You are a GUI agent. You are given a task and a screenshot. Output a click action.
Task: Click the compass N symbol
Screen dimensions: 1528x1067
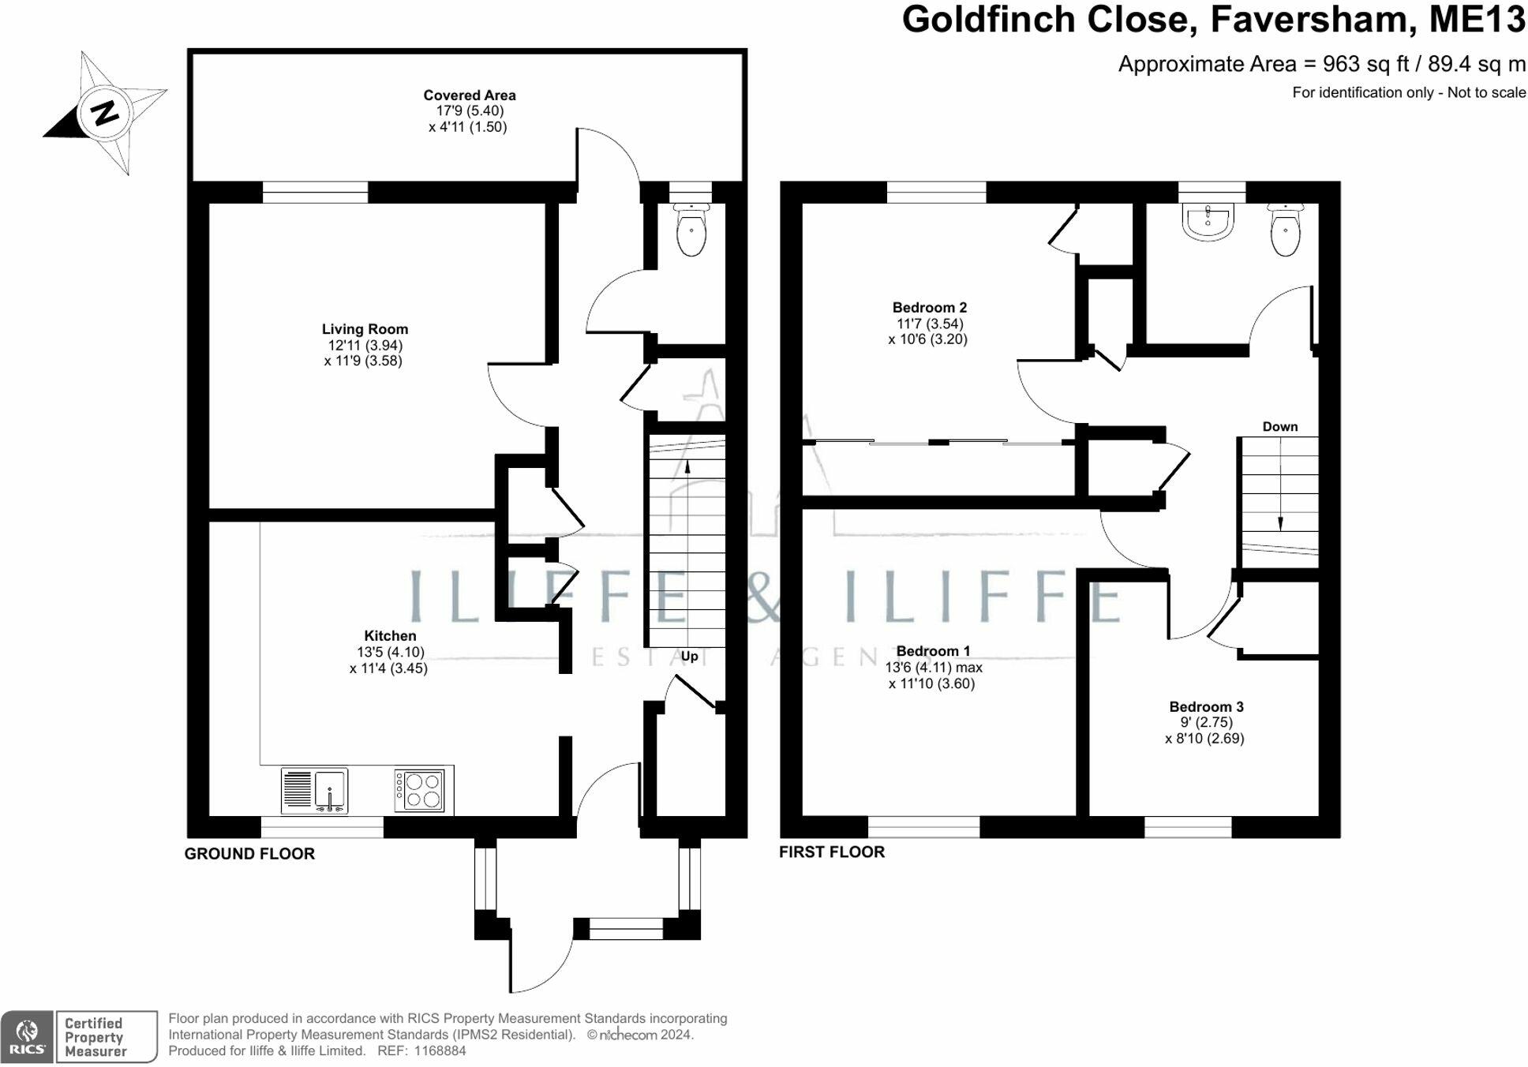pyautogui.click(x=103, y=113)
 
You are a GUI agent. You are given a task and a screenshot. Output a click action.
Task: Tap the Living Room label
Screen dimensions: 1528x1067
pyautogui.click(x=365, y=329)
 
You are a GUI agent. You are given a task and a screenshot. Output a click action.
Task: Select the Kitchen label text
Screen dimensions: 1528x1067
pyautogui.click(x=390, y=635)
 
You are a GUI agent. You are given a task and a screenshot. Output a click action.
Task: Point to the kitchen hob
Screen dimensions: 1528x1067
pyautogui.click(x=420, y=790)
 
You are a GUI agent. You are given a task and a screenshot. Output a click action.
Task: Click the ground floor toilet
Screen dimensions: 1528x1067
pyautogui.click(x=691, y=230)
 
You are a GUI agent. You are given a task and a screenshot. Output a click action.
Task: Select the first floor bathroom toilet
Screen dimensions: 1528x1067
pyautogui.click(x=1286, y=230)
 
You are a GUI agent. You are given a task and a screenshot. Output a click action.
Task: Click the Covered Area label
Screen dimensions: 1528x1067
pyautogui.click(x=469, y=95)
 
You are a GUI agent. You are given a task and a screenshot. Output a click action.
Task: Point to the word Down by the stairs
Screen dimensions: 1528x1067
pyautogui.click(x=1279, y=427)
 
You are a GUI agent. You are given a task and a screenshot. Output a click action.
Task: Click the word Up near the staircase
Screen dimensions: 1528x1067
pyautogui.click(x=689, y=657)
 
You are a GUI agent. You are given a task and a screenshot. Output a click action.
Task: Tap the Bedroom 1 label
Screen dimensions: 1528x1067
pyautogui.click(x=933, y=651)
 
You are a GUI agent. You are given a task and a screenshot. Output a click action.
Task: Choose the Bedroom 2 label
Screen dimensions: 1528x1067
pyautogui.click(x=929, y=308)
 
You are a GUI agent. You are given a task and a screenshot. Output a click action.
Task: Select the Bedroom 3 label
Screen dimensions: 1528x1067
pyautogui.click(x=1206, y=706)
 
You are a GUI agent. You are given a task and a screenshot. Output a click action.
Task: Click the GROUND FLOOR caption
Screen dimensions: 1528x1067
pyautogui.click(x=249, y=854)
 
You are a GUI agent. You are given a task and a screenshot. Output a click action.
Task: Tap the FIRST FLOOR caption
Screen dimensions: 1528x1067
pyautogui.click(x=831, y=852)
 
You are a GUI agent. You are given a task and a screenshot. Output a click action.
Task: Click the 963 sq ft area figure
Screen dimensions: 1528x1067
pyautogui.click(x=1359, y=64)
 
